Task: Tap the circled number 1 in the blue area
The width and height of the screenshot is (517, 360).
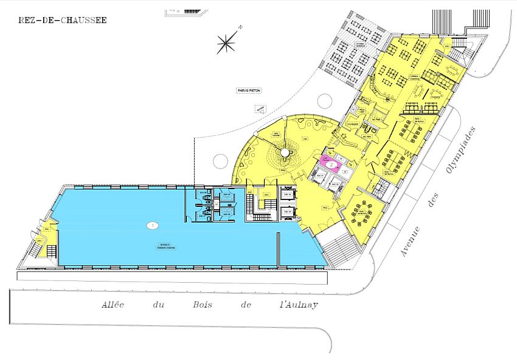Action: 152,225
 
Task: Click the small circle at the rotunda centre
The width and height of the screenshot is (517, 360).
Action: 283,151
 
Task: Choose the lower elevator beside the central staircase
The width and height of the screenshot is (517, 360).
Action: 287,212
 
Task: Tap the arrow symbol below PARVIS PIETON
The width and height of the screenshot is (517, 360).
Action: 261,110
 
